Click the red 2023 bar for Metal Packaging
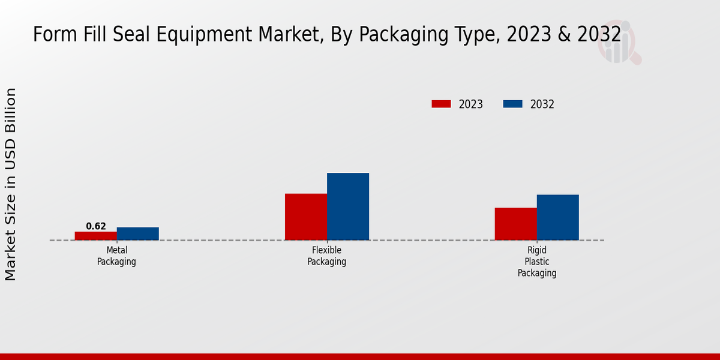95,236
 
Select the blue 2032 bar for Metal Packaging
137,233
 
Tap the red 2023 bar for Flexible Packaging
305,217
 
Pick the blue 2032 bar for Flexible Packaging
347,206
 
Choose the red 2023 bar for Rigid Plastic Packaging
515,224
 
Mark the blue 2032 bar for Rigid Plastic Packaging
557,217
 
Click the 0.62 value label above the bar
96,226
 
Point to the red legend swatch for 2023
441,104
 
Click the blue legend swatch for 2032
512,104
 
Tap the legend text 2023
470,104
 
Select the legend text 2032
542,104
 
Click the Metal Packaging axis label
116,256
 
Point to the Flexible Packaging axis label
326,256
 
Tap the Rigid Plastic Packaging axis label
537,262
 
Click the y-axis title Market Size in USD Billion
11,184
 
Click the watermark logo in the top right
619,42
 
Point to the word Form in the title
50,35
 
